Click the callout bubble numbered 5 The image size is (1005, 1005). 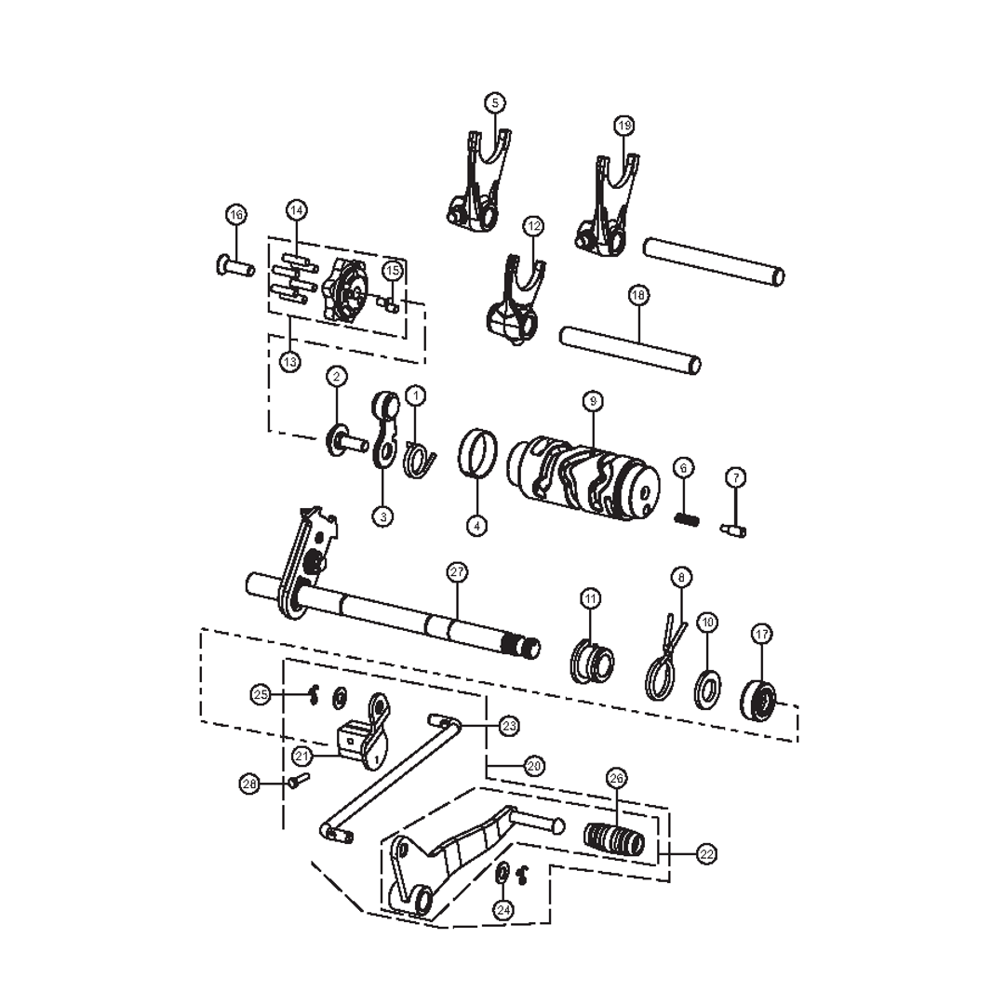pos(495,102)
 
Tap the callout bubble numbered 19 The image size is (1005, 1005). pos(623,125)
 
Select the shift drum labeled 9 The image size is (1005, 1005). pos(583,475)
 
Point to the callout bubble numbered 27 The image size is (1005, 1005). pos(457,572)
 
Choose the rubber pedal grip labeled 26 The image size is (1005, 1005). pos(613,834)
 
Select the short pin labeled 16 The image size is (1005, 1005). pos(235,269)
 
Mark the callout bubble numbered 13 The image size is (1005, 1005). pos(291,361)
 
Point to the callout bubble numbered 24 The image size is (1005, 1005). pos(503,910)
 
